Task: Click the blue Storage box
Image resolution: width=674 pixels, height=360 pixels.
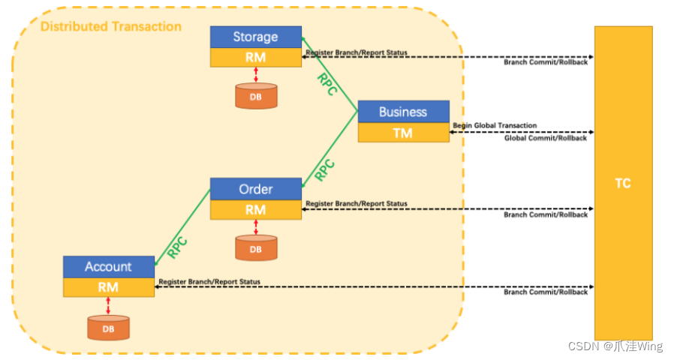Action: [x=255, y=37]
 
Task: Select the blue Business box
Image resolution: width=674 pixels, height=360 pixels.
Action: [x=403, y=112]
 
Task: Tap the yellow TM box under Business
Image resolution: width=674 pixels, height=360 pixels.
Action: [x=403, y=132]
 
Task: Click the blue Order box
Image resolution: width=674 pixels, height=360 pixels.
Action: [x=255, y=189]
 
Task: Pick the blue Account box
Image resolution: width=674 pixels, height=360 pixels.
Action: [x=108, y=266]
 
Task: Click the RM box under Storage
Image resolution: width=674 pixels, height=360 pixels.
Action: [x=255, y=58]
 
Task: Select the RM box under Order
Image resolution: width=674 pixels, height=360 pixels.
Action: [x=255, y=209]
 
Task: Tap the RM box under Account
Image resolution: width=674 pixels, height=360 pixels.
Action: [x=108, y=286]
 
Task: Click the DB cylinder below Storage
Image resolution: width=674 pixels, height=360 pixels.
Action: [x=256, y=96]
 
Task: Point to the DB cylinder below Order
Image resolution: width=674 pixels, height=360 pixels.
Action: [x=256, y=248]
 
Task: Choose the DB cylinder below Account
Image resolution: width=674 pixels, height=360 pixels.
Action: [x=108, y=328]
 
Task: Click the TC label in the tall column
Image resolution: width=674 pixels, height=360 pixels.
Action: [x=623, y=183]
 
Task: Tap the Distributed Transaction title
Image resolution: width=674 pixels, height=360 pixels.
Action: [x=111, y=27]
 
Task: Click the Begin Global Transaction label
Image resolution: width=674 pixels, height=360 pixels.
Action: [x=495, y=125]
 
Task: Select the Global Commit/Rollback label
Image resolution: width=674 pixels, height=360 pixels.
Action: [x=546, y=138]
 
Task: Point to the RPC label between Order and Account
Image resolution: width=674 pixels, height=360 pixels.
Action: [x=177, y=247]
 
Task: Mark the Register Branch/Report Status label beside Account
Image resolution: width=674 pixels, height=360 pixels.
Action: [x=209, y=281]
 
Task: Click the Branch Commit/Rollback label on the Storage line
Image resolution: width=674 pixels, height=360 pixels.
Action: [x=546, y=62]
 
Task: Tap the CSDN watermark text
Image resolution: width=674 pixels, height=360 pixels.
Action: [x=615, y=346]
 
